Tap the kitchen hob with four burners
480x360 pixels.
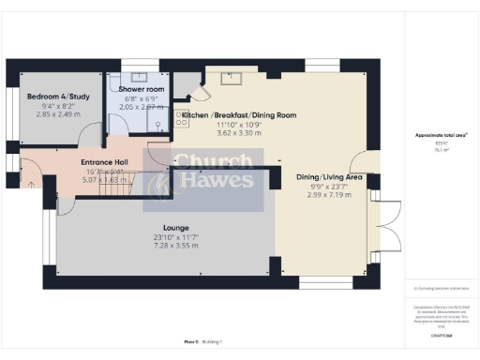click(x=179, y=119)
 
